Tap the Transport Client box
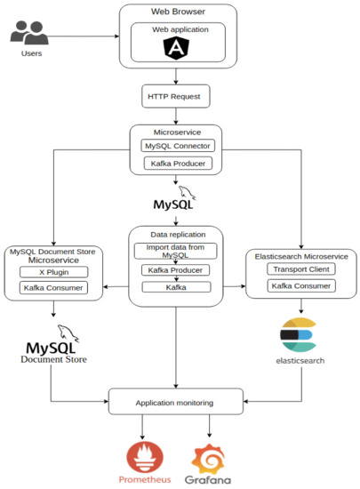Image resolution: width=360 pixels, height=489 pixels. pyautogui.click(x=301, y=269)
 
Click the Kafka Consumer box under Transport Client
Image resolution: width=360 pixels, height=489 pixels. pyautogui.click(x=301, y=285)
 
